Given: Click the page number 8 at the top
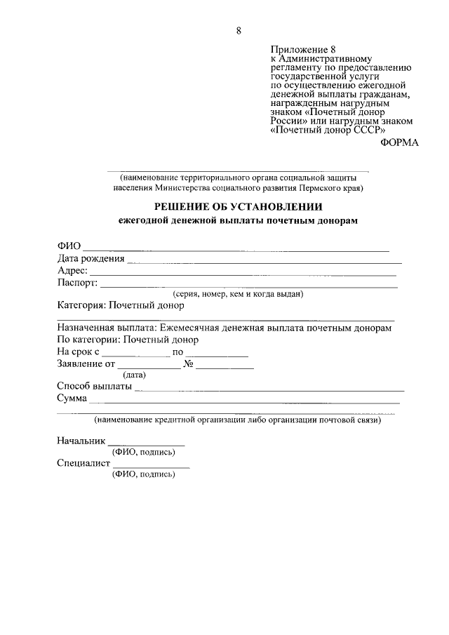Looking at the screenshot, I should tap(239, 31).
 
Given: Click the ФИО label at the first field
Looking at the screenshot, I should tap(69, 246).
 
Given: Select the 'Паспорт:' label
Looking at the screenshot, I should tap(78, 283).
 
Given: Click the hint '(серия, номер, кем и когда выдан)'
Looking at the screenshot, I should tap(238, 295).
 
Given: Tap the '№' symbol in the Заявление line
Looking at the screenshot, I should tap(188, 364).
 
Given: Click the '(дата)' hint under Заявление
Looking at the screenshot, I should tap(134, 375).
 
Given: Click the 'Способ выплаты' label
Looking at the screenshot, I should tap(94, 387).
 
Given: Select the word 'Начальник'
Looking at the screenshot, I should tap(81, 441).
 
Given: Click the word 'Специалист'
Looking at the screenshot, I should tap(83, 463).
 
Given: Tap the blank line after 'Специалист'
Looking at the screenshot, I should tap(151, 467).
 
